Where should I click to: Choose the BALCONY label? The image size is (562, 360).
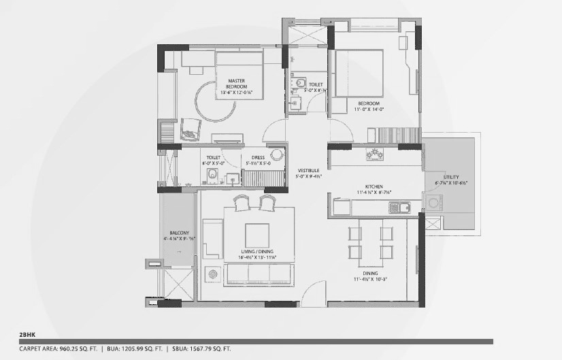(175, 235)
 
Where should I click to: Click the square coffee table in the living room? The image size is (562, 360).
(257, 235)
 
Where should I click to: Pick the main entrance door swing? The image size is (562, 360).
(314, 291)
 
